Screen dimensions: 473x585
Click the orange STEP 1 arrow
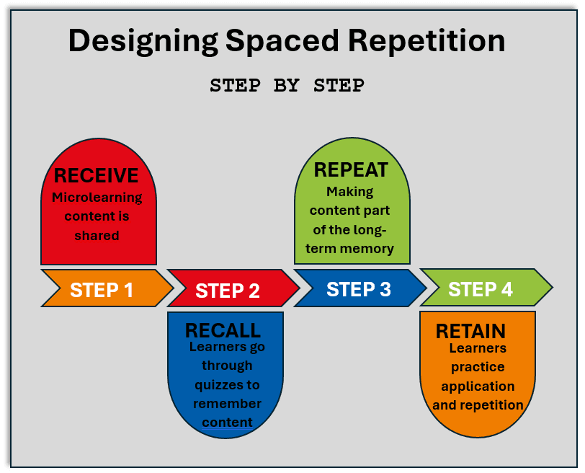click(102, 289)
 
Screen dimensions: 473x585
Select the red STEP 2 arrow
click(228, 290)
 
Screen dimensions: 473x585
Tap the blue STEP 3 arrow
click(359, 289)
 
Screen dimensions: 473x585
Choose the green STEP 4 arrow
click(481, 289)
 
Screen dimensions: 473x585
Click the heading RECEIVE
click(96, 175)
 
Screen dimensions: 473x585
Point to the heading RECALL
click(223, 330)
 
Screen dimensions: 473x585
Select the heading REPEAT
click(351, 170)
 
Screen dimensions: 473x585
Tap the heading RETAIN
click(470, 331)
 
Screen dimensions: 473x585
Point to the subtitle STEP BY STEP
click(287, 85)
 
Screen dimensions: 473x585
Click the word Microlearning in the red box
click(97, 198)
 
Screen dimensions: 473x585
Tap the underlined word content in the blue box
click(227, 422)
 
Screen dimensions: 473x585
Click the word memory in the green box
click(367, 249)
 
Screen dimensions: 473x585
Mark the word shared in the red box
click(97, 235)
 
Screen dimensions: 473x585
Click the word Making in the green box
click(349, 192)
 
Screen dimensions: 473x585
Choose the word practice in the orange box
click(478, 366)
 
